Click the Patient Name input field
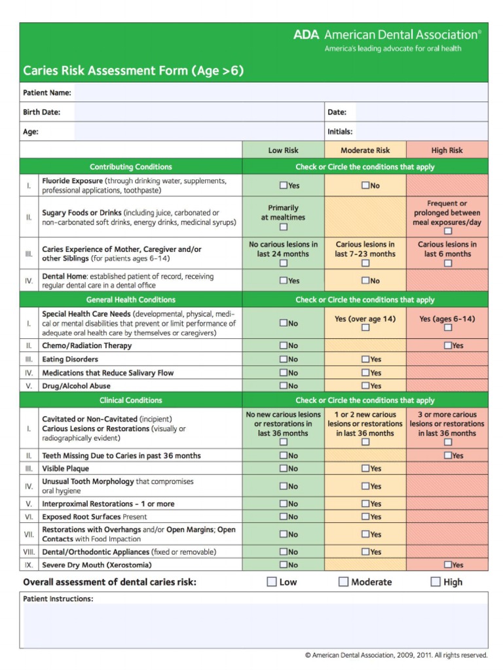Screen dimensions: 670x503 tap(280, 92)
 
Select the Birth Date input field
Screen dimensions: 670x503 tap(198, 112)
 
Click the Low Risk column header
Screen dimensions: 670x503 tap(283, 150)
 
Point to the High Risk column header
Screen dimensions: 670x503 tap(447, 150)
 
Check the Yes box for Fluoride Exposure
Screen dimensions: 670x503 tap(284, 185)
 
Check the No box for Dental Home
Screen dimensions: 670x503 tap(365, 281)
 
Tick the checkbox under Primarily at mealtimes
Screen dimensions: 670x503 tap(284, 228)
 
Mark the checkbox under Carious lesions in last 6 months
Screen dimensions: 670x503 tap(447, 264)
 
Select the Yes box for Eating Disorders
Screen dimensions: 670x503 tap(365, 359)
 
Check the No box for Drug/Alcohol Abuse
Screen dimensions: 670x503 tap(284, 386)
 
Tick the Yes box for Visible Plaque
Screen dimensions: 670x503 tap(365, 468)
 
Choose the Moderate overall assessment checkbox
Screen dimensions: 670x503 tap(343, 582)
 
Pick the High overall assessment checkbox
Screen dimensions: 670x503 tap(436, 582)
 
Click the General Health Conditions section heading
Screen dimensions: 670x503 tap(131, 300)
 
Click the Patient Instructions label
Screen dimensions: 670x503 tap(58, 599)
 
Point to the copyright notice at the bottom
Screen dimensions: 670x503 tap(396, 655)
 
